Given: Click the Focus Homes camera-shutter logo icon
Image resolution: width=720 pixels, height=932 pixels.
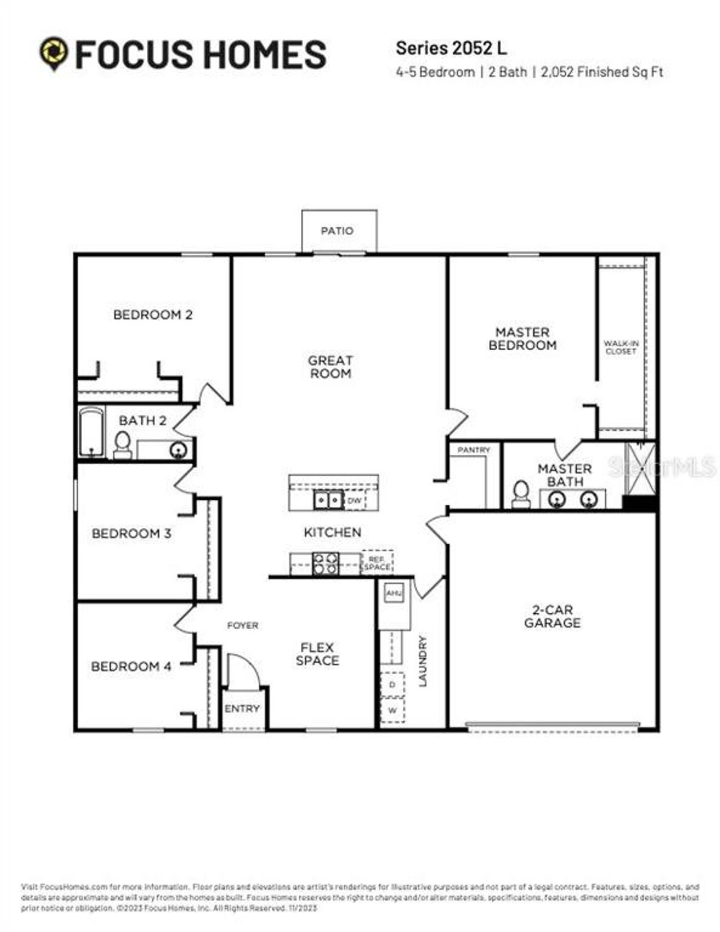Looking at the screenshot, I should click(54, 53).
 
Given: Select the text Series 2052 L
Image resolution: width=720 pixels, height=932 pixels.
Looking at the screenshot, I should click(451, 48).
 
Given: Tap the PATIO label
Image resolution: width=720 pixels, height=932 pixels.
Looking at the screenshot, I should click(337, 231).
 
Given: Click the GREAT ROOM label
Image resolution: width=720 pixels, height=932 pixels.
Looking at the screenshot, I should click(330, 367).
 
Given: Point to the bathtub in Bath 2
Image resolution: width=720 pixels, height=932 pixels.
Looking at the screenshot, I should click(91, 432).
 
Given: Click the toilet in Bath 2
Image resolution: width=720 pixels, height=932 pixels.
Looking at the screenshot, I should click(122, 445).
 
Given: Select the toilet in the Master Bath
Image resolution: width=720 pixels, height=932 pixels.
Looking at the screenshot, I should click(521, 494).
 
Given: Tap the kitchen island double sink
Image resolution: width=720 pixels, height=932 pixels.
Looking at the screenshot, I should click(328, 499).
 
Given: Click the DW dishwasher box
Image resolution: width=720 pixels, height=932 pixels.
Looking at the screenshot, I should click(354, 500).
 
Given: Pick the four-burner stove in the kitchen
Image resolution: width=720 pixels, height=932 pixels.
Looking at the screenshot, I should click(326, 563).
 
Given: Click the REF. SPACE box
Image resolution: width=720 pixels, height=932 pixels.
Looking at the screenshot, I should click(377, 563).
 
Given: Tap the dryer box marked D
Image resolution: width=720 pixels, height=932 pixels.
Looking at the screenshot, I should click(392, 684).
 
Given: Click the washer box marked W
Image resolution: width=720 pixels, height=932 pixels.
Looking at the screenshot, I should click(392, 710).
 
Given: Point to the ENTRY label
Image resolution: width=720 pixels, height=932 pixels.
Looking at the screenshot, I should click(242, 709).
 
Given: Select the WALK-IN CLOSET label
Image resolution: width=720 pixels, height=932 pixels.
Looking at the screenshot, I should click(621, 347).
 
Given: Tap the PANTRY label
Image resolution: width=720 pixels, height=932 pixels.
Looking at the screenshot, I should click(474, 450).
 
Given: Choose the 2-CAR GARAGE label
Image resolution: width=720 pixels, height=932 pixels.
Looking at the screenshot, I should click(552, 616).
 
